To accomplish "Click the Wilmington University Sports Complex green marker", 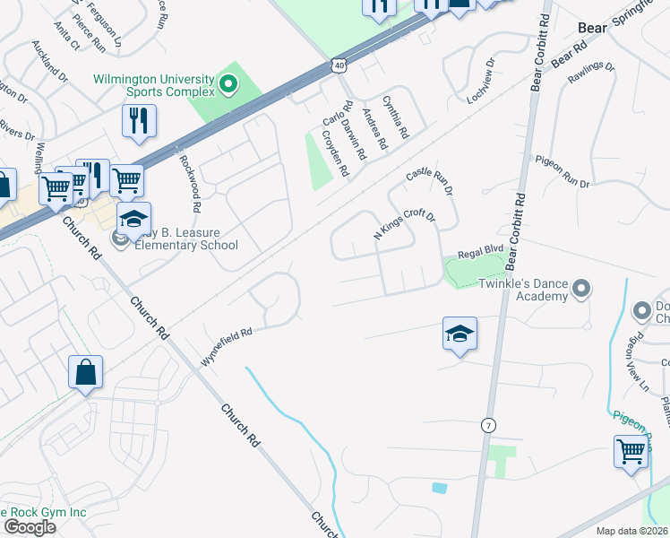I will pyautogui.click(x=228, y=86).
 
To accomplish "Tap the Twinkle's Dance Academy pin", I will pyautogui.click(x=582, y=289).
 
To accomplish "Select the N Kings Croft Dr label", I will pyautogui.click(x=404, y=225).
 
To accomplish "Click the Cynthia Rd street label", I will pyautogui.click(x=395, y=117).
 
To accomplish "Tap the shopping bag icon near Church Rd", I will pyautogui.click(x=85, y=373).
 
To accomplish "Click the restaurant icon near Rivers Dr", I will pyautogui.click(x=139, y=122).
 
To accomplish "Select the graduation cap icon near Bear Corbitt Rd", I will pyautogui.click(x=460, y=334).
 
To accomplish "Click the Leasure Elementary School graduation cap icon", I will pyautogui.click(x=133, y=219).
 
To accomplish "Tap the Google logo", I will pyautogui.click(x=30, y=527).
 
